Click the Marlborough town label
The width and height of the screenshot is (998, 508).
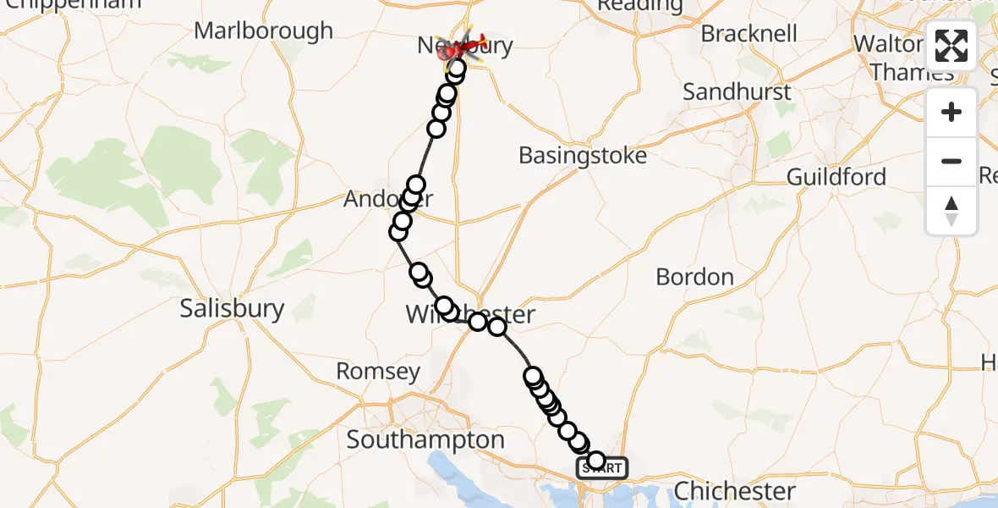[x=264, y=31]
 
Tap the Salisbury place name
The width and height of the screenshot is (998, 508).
[x=232, y=308]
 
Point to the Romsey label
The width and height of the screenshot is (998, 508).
[x=377, y=371]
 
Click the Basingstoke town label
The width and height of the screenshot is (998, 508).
[x=583, y=156]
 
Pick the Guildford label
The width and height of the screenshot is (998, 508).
[x=836, y=177]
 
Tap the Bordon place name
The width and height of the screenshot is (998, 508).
[x=694, y=277]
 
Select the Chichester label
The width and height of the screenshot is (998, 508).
[x=734, y=491]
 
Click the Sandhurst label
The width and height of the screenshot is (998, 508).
[x=737, y=91]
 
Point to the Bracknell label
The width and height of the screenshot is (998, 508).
[x=749, y=34]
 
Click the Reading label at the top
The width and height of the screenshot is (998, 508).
[x=639, y=6]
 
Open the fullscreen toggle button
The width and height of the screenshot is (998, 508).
[x=951, y=46]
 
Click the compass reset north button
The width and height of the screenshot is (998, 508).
[x=951, y=211]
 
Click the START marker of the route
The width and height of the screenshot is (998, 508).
[x=602, y=467]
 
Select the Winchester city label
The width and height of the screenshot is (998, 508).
[x=470, y=315]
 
